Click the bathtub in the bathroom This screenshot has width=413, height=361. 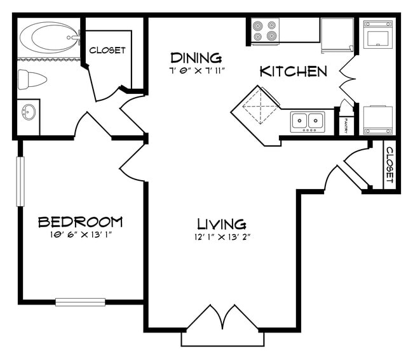[48, 37]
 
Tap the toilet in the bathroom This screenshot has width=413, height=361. [32, 79]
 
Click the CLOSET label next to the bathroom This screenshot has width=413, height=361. [107, 50]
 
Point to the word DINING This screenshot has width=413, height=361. [196, 57]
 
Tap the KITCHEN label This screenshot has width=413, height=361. [293, 71]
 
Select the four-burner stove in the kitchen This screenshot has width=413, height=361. [265, 30]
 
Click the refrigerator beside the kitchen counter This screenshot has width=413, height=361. [337, 33]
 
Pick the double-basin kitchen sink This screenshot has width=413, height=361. [308, 121]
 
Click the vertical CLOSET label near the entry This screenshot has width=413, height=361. [389, 166]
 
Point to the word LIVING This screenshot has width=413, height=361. [221, 224]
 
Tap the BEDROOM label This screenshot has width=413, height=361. [80, 221]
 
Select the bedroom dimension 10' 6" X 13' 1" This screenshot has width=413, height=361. [80, 234]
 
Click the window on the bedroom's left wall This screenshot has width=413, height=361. [20, 181]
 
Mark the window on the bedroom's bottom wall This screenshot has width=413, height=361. [80, 302]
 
